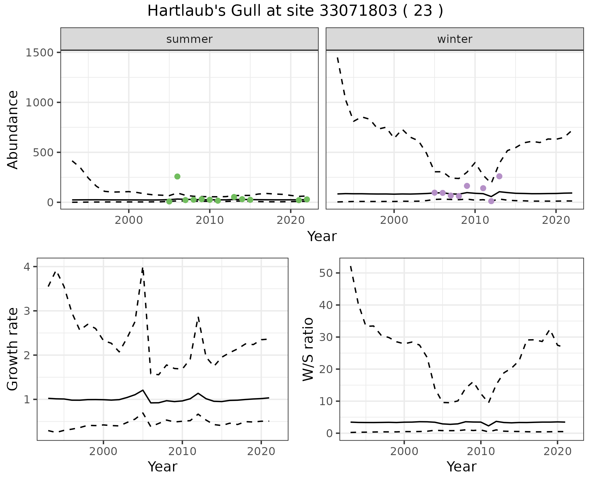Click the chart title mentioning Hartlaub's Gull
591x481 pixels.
pos(295,11)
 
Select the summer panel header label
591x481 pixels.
pos(189,39)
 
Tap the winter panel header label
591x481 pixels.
pos(455,39)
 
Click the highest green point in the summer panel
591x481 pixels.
pos(177,176)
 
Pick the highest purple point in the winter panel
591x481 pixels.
pos(499,176)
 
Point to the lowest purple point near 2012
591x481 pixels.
pos(491,201)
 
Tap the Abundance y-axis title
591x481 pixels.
pos(13,130)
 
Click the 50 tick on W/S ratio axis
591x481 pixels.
pos(326,273)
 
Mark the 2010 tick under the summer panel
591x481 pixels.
pos(210,220)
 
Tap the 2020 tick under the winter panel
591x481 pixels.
pos(556,220)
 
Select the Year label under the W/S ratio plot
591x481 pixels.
pos(461,467)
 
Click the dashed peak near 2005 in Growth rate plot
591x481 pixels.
pos(143,268)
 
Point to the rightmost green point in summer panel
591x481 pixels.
pos(307,199)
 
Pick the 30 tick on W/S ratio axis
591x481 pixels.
pos(326,337)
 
